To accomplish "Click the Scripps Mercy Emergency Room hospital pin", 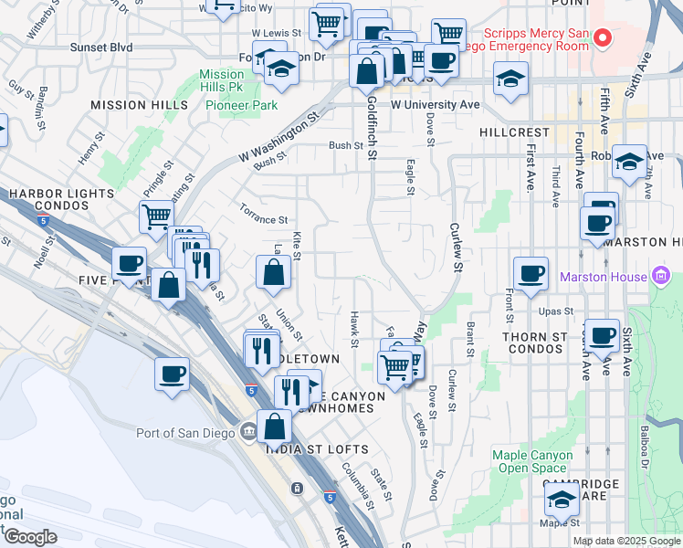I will (602, 37).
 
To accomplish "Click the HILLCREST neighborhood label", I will (515, 132).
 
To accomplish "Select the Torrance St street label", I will (264, 220).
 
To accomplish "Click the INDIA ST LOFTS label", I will (317, 449).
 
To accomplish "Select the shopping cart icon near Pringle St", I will (156, 217).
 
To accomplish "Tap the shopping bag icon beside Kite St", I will (274, 271).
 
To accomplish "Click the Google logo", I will (31, 537).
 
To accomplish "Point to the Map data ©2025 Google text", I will (625, 541).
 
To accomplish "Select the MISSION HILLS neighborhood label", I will (139, 105).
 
